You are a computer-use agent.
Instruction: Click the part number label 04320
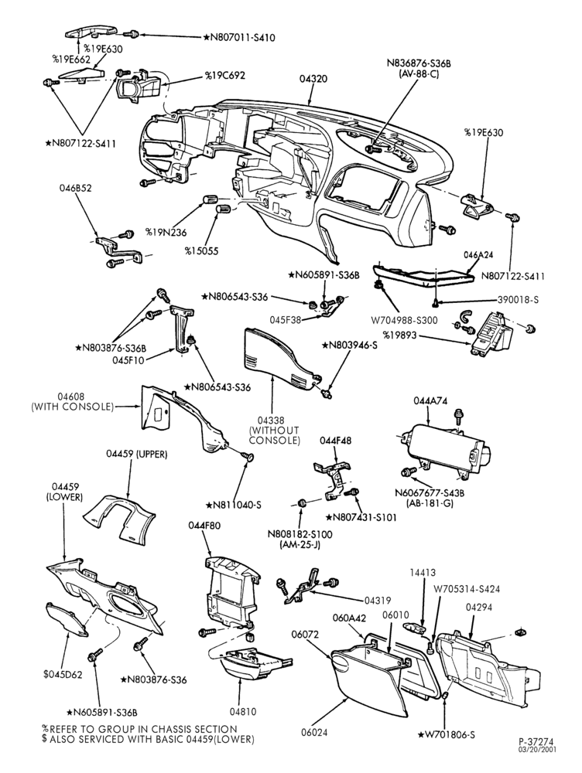click(313, 79)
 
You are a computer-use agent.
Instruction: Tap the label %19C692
click(225, 76)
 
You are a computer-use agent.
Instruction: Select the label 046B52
click(76, 188)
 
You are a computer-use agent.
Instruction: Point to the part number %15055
click(201, 251)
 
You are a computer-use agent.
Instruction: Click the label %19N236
click(166, 231)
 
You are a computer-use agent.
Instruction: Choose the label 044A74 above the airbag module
click(430, 401)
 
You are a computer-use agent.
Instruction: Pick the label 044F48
click(336, 441)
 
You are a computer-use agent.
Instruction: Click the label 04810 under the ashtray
click(243, 712)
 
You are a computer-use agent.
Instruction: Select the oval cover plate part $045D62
click(67, 619)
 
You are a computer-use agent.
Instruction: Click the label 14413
click(423, 573)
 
